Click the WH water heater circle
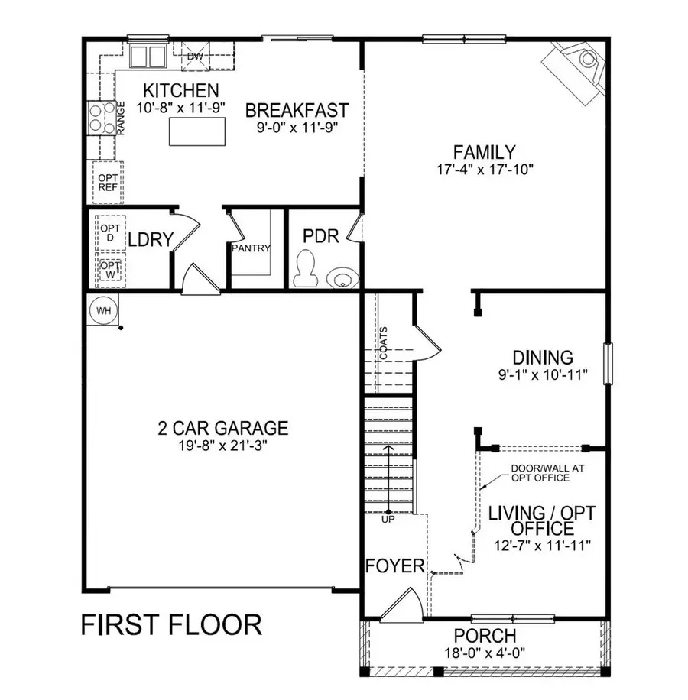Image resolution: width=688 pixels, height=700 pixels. [x=102, y=310]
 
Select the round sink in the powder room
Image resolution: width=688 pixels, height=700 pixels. [x=342, y=276]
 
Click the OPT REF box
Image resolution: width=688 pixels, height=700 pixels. [x=107, y=183]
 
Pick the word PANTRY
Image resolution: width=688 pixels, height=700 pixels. [x=251, y=248]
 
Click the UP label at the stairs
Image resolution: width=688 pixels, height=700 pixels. [x=388, y=520]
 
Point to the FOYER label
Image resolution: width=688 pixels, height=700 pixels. [x=394, y=566]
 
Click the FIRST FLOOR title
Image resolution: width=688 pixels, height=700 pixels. [x=172, y=624]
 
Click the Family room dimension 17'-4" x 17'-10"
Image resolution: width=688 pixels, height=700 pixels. [x=483, y=169]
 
